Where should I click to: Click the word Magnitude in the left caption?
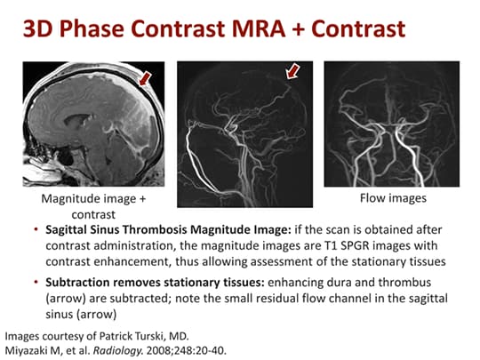61,198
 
